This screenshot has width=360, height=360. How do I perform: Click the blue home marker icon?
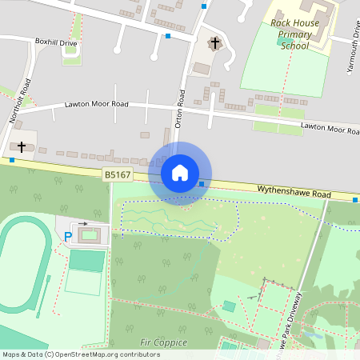(x=180, y=173)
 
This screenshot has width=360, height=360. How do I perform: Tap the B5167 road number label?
(x=117, y=174)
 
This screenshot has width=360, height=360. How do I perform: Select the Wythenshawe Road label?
(x=294, y=192)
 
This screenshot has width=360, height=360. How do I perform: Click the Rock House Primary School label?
(x=294, y=34)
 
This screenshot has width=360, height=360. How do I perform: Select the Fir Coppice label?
(x=163, y=342)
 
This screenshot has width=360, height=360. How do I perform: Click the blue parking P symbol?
(x=68, y=236)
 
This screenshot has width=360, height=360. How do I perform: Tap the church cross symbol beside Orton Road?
(x=214, y=42)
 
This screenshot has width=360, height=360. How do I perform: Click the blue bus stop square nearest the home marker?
(x=202, y=184)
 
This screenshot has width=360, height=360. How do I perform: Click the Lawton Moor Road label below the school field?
(x=330, y=128)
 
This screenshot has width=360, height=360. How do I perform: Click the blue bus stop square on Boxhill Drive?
(x=168, y=36)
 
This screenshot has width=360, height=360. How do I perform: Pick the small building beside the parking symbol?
(x=90, y=234)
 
